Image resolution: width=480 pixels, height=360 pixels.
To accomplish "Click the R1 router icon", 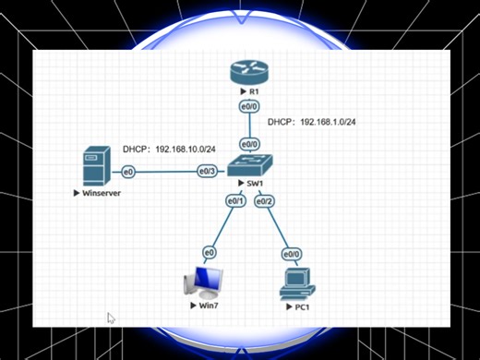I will (x=249, y=74).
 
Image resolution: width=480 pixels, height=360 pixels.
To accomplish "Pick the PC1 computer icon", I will (x=295, y=280).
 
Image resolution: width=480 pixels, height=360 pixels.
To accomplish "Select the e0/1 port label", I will (x=234, y=200).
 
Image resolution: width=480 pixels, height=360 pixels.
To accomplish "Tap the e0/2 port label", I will (x=265, y=200).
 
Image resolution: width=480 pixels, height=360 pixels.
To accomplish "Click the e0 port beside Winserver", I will (x=128, y=172).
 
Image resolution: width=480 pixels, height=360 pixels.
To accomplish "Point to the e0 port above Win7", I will (x=210, y=252).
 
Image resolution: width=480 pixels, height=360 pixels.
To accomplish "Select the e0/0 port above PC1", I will (x=292, y=253).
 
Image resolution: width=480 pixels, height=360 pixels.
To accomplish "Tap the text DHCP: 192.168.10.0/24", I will (x=168, y=150).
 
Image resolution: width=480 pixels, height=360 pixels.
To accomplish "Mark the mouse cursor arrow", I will (x=111, y=318).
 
